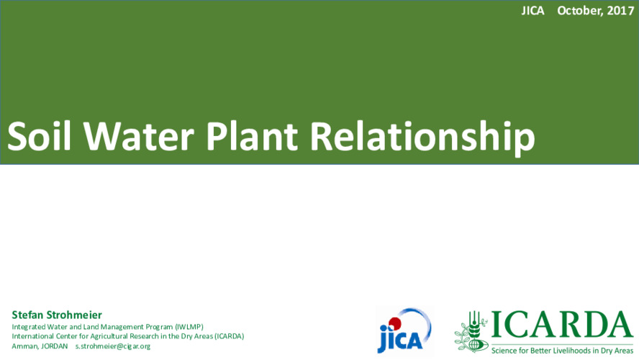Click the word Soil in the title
(39, 136)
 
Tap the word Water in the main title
(139, 136)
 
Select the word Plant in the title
(252, 136)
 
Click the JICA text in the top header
(532, 11)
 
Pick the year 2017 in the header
(620, 11)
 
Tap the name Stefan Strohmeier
(57, 315)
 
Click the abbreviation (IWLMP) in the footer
(189, 327)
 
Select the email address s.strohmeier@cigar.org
(113, 346)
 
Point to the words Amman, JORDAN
(40, 346)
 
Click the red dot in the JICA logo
(394, 324)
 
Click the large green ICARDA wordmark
(562, 325)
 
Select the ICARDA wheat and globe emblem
(471, 331)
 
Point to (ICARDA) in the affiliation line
(230, 336)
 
